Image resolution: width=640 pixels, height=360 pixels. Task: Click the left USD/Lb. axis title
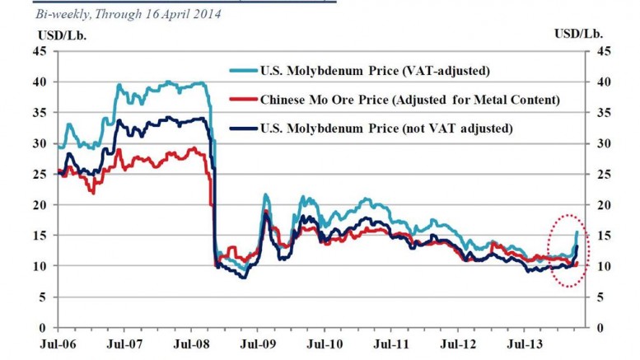tap(63, 35)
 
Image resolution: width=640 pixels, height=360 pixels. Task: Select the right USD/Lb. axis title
tap(578, 34)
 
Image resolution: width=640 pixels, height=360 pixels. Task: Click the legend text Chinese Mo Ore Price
tap(325, 100)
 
